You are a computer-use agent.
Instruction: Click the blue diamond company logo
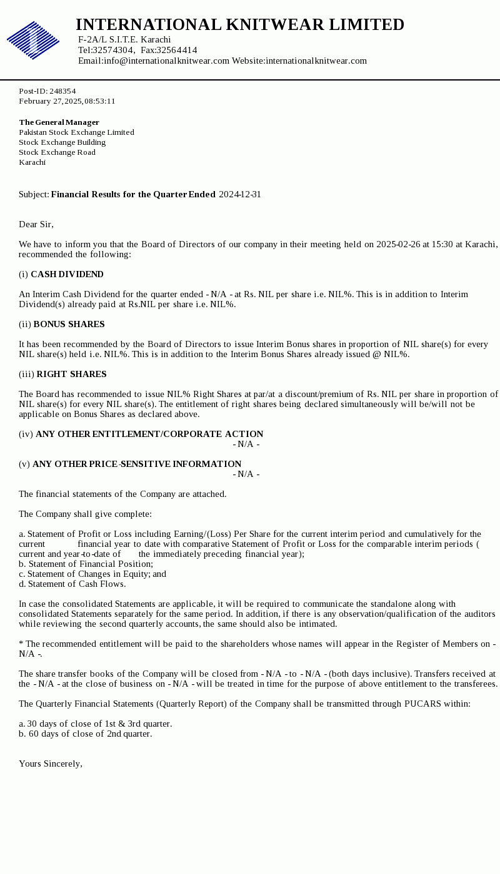click(33, 40)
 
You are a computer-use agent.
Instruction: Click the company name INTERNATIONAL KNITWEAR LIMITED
click(240, 25)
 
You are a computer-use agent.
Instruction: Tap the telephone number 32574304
click(113, 50)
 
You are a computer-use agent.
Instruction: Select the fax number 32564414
click(177, 50)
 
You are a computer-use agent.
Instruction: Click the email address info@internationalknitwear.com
click(166, 61)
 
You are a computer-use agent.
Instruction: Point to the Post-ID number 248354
click(62, 91)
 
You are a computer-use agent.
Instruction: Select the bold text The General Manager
click(59, 122)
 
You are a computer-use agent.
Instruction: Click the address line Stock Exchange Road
click(57, 152)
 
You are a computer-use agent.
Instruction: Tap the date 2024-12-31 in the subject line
click(240, 194)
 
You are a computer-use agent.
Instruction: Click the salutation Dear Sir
click(36, 224)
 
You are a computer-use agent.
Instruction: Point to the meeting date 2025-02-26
click(398, 244)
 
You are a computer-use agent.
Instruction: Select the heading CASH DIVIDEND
click(67, 274)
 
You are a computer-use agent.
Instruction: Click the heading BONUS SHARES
click(69, 324)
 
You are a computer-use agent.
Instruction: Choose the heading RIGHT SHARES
click(71, 374)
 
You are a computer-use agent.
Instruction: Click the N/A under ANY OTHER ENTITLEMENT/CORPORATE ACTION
click(246, 444)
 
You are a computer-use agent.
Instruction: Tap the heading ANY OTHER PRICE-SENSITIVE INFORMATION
click(137, 464)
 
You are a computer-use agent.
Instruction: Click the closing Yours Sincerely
click(51, 764)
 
